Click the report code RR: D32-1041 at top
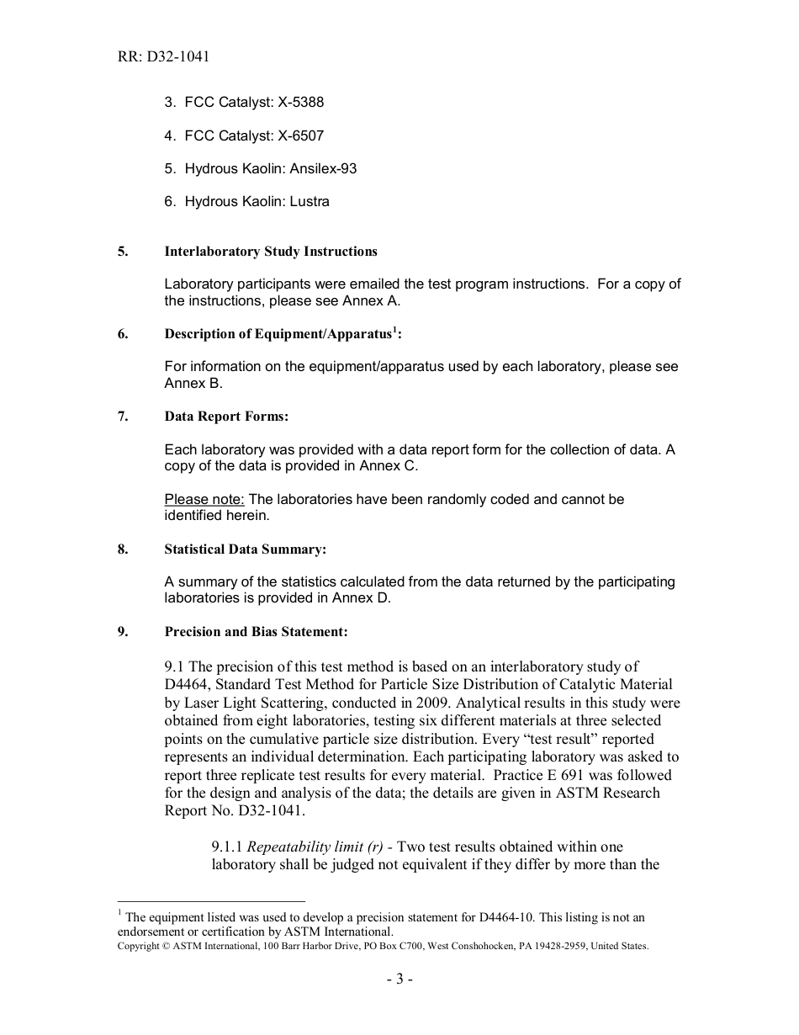point(164,57)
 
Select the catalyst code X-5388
point(300,103)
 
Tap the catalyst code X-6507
point(300,135)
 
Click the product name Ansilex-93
point(323,168)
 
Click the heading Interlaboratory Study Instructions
point(271,252)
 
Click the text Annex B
point(193,383)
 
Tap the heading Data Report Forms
point(226,417)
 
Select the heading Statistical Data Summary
point(245,549)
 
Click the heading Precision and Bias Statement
point(256,632)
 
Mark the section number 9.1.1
point(227,847)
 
